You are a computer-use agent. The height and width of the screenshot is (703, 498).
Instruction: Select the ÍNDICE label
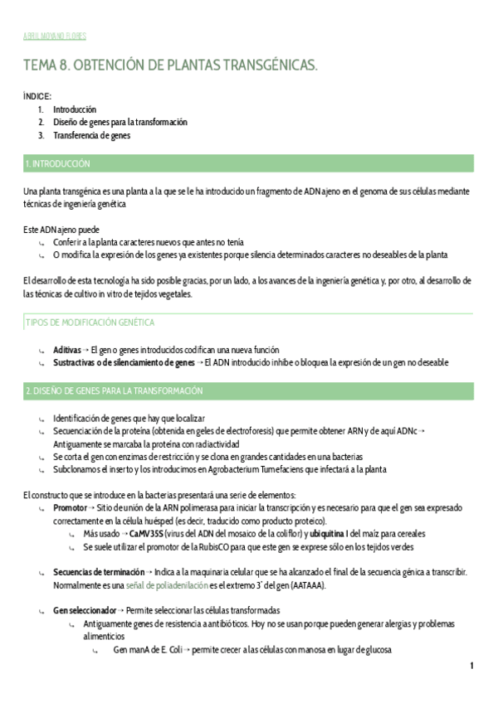[37, 97]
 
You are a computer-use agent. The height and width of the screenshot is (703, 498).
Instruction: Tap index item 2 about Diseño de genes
[120, 122]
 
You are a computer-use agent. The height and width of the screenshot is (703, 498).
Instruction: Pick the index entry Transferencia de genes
[91, 135]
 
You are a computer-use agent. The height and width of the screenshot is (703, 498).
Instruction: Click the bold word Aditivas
[67, 350]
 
